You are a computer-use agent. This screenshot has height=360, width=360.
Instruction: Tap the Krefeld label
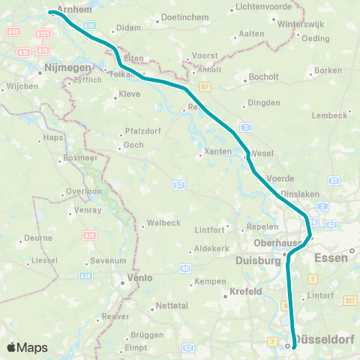(244, 291)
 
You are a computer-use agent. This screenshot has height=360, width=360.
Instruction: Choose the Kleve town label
(130, 95)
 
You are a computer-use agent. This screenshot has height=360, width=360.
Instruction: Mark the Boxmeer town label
(77, 159)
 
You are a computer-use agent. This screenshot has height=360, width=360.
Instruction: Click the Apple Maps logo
(27, 347)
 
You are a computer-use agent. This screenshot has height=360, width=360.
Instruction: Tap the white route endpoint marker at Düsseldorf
(287, 346)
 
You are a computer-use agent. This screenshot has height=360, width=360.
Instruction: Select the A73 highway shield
(89, 235)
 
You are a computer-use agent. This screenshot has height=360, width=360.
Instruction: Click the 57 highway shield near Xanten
(179, 184)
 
